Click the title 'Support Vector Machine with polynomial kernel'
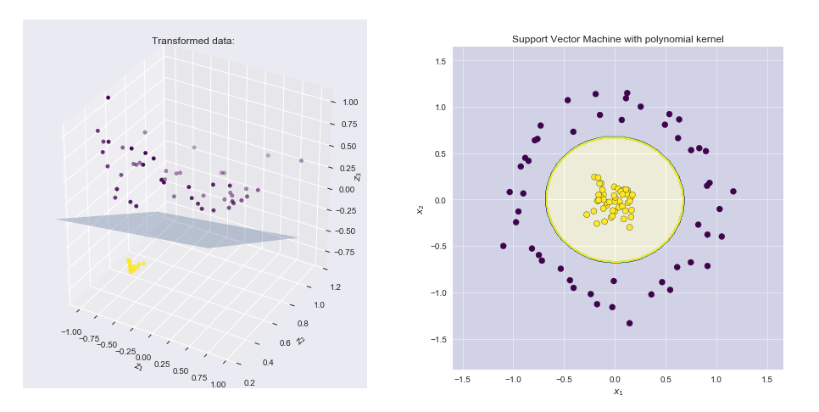click(617, 39)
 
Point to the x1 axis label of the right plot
click(617, 391)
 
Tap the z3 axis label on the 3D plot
click(359, 176)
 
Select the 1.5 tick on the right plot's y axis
click(441, 61)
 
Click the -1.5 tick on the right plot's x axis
click(462, 378)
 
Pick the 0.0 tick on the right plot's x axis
click(615, 378)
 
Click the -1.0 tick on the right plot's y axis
click(439, 292)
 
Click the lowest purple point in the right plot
click(629, 323)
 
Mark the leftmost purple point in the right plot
click(503, 246)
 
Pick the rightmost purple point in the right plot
click(733, 192)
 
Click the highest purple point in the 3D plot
click(108, 97)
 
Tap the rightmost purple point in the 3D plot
click(301, 160)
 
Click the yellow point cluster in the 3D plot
click(132, 266)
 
